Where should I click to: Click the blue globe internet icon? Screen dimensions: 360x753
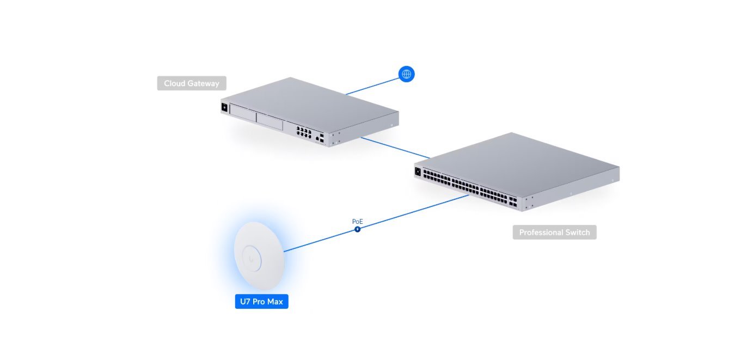click(406, 74)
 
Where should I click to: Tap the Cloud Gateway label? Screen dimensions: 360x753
click(192, 83)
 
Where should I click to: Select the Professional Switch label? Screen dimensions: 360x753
click(554, 233)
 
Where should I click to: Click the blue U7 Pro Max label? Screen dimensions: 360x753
click(261, 301)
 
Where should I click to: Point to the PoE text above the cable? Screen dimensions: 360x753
click(357, 222)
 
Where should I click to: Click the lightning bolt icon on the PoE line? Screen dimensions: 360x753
click(357, 229)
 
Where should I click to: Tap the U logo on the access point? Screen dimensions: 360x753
click(252, 256)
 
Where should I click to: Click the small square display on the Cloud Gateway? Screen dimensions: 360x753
click(224, 107)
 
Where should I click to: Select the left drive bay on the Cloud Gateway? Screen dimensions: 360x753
click(250, 117)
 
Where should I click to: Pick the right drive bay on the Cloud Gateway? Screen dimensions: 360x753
click(277, 123)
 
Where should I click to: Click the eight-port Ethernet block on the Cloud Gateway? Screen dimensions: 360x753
click(304, 132)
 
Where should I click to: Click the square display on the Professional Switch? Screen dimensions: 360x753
click(418, 172)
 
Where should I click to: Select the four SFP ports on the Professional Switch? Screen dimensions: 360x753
click(513, 203)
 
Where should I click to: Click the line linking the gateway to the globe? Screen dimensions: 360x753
click(373, 86)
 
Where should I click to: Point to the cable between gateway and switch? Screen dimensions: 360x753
click(395, 148)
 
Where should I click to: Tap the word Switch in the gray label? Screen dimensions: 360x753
click(577, 233)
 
